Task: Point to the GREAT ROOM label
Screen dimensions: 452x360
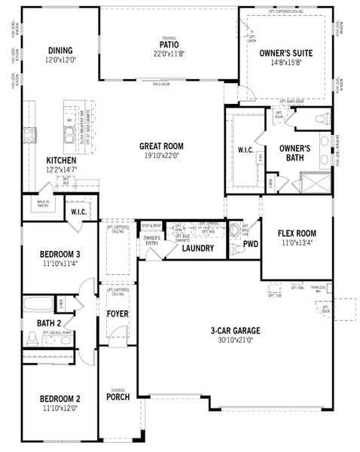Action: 162,146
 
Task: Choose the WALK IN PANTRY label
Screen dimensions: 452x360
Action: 42,203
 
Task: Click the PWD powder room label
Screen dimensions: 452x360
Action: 251,244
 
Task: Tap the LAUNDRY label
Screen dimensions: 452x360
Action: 198,247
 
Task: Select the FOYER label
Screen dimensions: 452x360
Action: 117,313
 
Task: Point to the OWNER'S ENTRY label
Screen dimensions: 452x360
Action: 151,240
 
